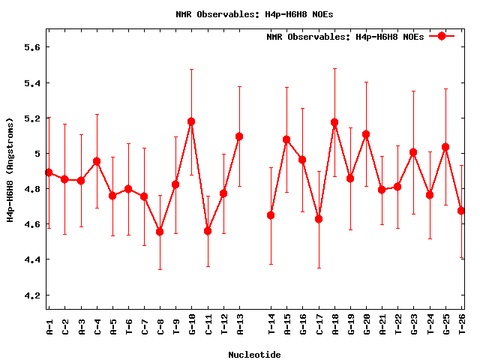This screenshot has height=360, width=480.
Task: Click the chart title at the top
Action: pyautogui.click(x=254, y=13)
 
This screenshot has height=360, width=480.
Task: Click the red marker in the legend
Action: pyautogui.click(x=442, y=36)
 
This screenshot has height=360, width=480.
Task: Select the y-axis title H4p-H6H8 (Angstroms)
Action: pyautogui.click(x=10, y=169)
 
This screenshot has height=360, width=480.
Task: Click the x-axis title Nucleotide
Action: pyautogui.click(x=254, y=355)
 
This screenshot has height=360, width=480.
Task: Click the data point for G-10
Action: pyautogui.click(x=191, y=121)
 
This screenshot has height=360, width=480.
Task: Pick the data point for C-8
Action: pyautogui.click(x=160, y=232)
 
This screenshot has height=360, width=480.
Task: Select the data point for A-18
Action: pyautogui.click(x=334, y=122)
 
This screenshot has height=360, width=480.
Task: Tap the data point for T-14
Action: pyautogui.click(x=271, y=215)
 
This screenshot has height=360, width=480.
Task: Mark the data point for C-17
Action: pyautogui.click(x=319, y=219)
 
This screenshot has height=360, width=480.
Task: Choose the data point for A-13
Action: pyautogui.click(x=239, y=136)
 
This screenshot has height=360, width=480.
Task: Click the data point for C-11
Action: pyautogui.click(x=208, y=231)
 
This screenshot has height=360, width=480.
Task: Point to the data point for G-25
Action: pyautogui.click(x=445, y=147)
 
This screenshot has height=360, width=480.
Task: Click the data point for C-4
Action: pyautogui.click(x=97, y=161)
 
